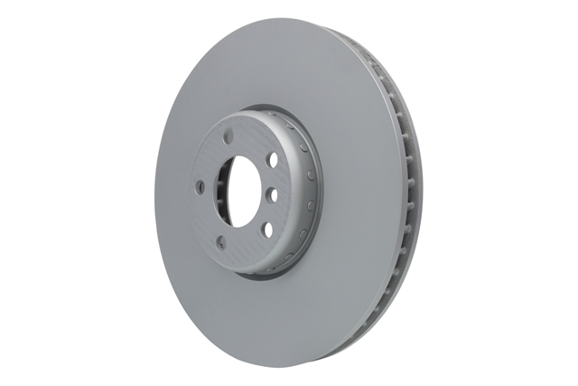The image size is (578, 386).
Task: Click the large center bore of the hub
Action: [x=241, y=191]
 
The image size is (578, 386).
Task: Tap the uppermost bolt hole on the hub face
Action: [x=228, y=137]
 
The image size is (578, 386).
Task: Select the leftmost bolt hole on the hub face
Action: [x=200, y=186]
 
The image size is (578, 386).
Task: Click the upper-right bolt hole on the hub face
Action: [x=272, y=159]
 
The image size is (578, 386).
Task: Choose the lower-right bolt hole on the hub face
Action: [x=266, y=228]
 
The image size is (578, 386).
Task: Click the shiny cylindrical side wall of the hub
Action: [x=303, y=194]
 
